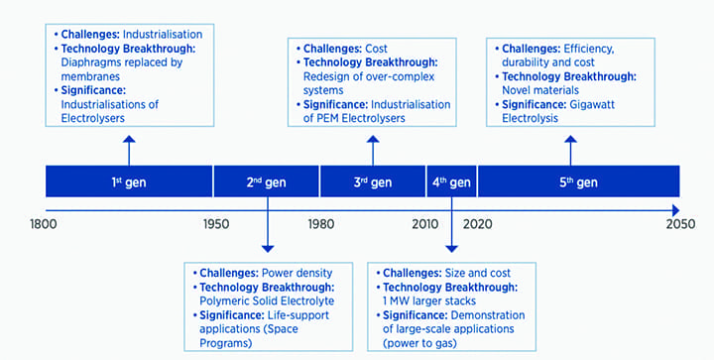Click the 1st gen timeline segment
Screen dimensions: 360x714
(x=129, y=181)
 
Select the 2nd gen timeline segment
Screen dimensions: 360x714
(x=266, y=181)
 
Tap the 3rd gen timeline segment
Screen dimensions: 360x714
(x=373, y=181)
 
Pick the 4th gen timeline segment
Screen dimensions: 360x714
(x=451, y=181)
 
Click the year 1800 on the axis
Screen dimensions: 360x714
(x=46, y=225)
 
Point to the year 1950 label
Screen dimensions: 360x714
(x=212, y=225)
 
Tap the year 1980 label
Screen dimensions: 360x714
(x=319, y=225)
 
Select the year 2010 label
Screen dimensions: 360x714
(x=427, y=225)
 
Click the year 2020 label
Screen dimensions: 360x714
(x=477, y=225)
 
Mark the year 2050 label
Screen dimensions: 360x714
(x=679, y=225)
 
